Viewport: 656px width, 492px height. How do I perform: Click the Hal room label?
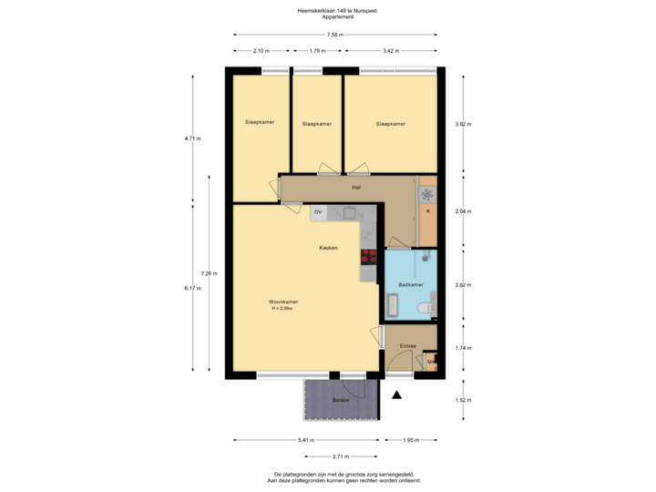point(357,188)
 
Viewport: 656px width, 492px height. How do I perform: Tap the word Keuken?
point(328,248)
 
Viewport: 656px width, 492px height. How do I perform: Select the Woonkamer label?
point(283,302)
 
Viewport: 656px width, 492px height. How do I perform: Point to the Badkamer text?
point(411,285)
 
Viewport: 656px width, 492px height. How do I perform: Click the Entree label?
point(408,346)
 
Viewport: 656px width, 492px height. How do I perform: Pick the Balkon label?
point(341,400)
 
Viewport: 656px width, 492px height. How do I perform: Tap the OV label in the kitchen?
point(318,212)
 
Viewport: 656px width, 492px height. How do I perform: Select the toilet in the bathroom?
point(423,309)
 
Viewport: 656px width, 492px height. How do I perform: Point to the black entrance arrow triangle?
point(396,395)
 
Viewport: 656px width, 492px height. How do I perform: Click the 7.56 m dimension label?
point(334,34)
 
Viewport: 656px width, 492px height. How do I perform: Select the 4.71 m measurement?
point(192,138)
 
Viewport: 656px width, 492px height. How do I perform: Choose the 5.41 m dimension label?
point(305,440)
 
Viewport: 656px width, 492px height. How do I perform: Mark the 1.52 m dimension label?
point(463,400)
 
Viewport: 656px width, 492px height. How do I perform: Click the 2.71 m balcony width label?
point(341,456)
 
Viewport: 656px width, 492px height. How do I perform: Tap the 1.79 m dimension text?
point(317,51)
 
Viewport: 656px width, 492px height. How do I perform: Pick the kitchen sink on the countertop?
point(348,213)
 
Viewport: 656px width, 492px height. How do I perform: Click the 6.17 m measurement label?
point(192,288)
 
